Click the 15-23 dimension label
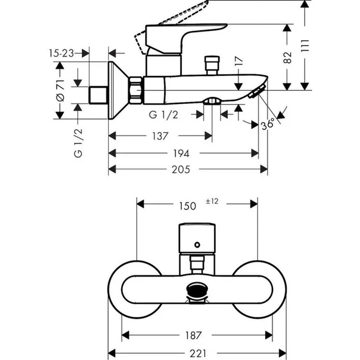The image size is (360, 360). coord(61,54)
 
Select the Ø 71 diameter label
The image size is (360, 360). coord(61,89)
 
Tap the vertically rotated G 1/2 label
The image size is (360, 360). coord(78,143)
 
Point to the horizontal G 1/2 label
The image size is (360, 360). coord(162,114)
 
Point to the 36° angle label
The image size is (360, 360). coord(268,123)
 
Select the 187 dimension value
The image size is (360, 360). coord(193,335)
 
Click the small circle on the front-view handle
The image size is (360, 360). coord(196,245)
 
